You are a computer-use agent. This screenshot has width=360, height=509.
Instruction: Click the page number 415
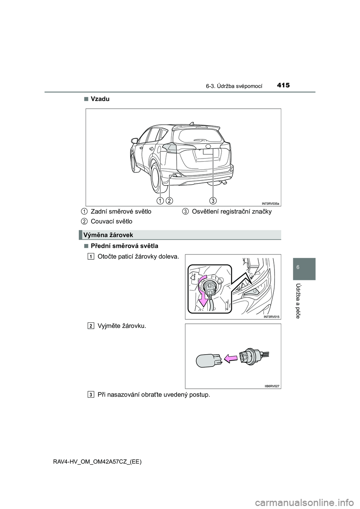point(284,85)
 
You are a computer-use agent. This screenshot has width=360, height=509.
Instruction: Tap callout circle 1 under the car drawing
point(160,201)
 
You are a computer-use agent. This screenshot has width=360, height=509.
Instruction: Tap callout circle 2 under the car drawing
point(169,201)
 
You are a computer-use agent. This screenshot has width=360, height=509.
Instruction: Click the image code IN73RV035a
point(270,203)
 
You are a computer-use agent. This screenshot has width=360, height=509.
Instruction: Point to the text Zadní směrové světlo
point(121,212)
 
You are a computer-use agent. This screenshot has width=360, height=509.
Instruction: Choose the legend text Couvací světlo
point(111,222)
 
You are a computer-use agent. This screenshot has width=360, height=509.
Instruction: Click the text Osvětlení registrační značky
point(231,212)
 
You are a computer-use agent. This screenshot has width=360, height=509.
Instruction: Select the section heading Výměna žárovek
point(108,235)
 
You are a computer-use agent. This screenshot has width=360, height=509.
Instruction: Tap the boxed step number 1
point(91,257)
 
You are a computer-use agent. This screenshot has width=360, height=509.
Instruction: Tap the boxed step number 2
point(91,326)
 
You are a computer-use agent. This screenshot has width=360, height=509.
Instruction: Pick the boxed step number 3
point(91,395)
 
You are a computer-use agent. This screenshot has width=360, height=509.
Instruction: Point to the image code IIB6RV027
point(271,386)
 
